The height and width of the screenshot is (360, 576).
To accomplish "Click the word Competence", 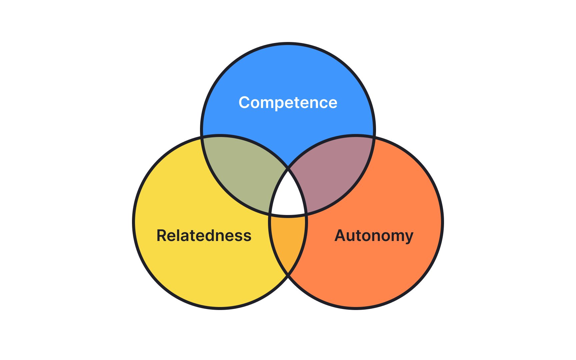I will click(288, 103).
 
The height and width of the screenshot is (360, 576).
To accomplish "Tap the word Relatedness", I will click(204, 236).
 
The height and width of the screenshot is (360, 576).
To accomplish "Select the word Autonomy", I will click(374, 236).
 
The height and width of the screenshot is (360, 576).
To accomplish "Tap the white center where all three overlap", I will click(288, 200).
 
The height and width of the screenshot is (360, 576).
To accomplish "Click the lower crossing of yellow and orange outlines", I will click(288, 275).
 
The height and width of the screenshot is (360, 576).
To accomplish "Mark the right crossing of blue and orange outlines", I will click(374, 137).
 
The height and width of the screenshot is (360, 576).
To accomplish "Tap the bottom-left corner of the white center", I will click(270, 214).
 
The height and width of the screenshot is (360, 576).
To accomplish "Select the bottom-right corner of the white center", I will click(306, 214).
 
